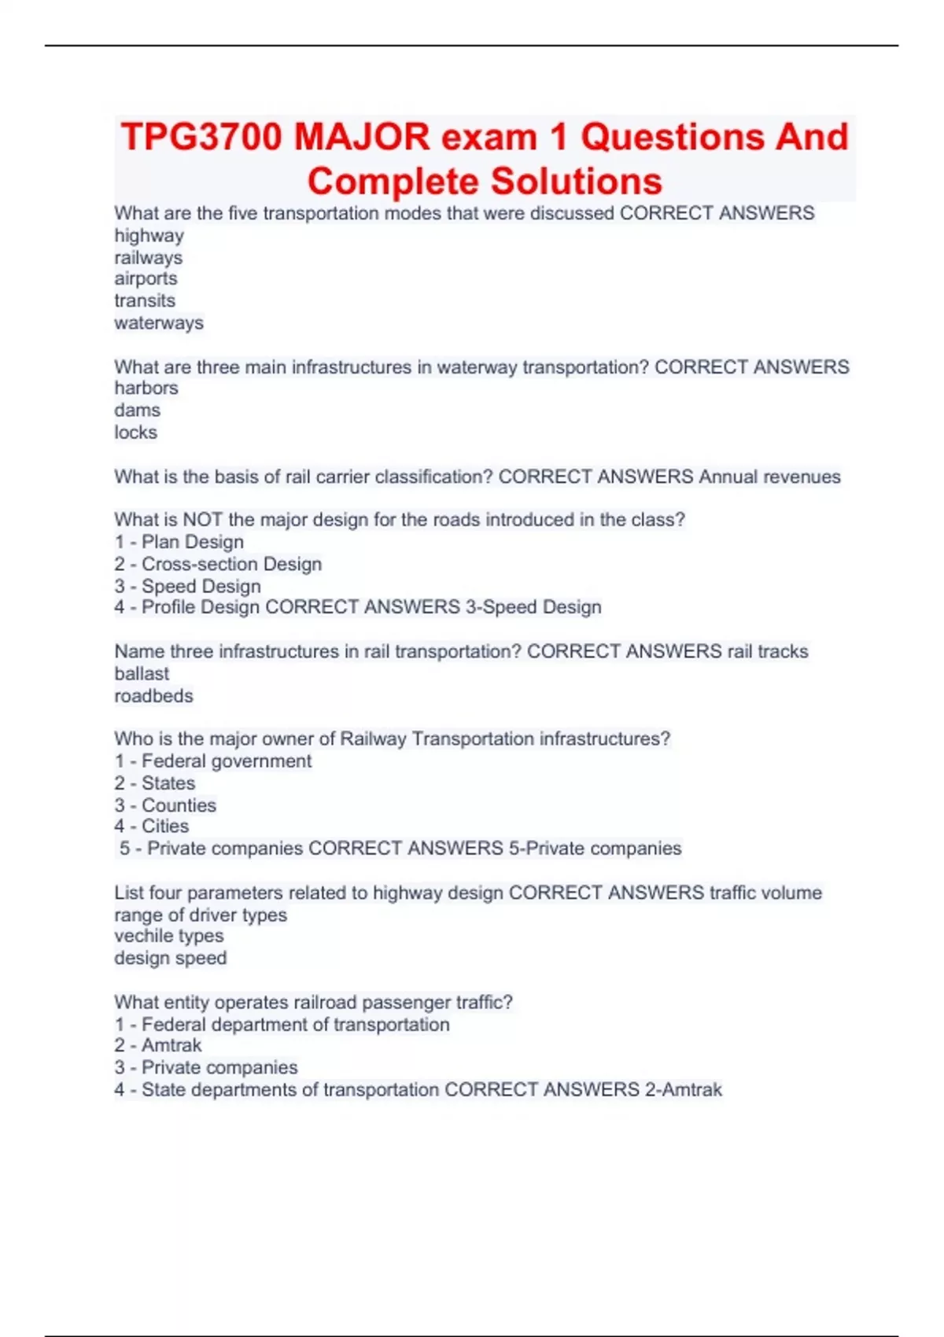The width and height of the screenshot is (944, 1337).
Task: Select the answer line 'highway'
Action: click(149, 235)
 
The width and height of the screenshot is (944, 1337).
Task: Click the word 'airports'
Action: click(146, 278)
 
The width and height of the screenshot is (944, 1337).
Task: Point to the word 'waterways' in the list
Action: click(158, 322)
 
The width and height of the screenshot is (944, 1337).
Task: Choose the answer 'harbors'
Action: click(146, 388)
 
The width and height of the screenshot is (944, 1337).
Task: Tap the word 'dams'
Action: click(137, 410)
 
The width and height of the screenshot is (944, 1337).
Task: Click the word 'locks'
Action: click(135, 432)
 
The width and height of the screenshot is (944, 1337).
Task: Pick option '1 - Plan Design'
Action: click(179, 542)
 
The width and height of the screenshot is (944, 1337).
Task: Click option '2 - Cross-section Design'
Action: click(217, 564)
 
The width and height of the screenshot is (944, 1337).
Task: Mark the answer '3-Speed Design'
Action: click(533, 607)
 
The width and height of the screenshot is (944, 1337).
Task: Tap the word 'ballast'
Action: click(142, 673)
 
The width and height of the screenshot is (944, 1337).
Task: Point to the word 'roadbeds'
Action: click(153, 695)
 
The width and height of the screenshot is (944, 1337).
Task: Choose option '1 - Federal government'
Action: click(212, 761)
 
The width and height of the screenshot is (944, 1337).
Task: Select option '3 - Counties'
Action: click(164, 805)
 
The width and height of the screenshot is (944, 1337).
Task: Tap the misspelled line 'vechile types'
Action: click(168, 936)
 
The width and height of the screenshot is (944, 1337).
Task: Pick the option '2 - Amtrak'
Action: click(157, 1045)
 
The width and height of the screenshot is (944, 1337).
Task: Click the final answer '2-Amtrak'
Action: click(683, 1089)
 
